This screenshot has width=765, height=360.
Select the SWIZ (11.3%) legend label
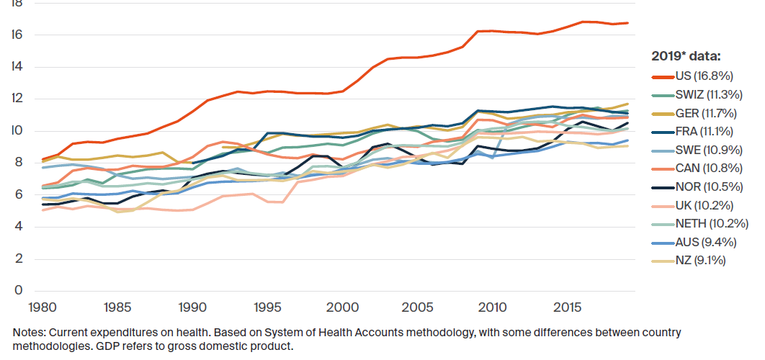[697, 94]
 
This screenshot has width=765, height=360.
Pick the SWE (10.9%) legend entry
[698, 150]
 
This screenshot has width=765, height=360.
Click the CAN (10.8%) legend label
[698, 168]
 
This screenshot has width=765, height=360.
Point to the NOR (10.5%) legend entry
[698, 186]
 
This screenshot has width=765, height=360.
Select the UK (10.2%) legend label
[693, 205]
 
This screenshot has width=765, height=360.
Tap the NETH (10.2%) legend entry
[700, 224]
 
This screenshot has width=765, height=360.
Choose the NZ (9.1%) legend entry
[689, 261]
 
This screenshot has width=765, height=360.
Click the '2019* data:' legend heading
[686, 57]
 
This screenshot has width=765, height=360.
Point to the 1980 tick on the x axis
[42, 308]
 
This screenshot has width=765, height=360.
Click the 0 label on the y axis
[19, 290]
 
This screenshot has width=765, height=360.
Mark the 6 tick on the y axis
[19, 194]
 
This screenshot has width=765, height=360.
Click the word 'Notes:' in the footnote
[29, 333]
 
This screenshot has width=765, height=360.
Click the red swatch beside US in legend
[663, 76]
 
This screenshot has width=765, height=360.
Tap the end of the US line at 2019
[628, 23]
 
